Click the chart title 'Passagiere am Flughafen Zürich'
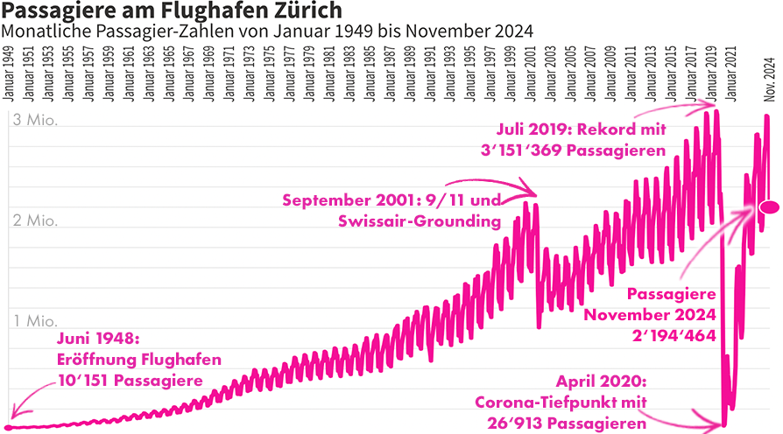click(171, 12)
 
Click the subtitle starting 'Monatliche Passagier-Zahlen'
click(267, 32)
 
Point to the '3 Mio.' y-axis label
click(36, 121)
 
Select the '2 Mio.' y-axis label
click(36, 220)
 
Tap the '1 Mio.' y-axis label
click(36, 321)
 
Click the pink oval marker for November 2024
click(770, 207)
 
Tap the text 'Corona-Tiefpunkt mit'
click(561, 402)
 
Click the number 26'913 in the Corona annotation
click(528, 423)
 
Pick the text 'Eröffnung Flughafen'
click(138, 359)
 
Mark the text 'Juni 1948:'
click(98, 338)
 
